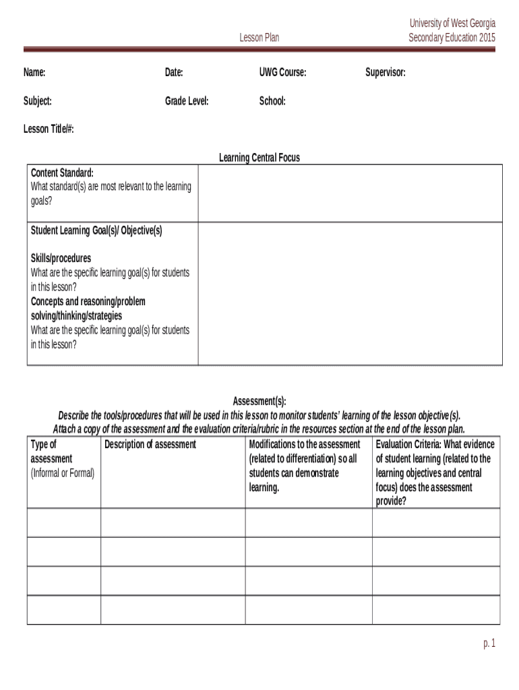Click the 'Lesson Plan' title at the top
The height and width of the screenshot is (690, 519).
(259, 38)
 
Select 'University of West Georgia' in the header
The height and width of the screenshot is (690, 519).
(452, 23)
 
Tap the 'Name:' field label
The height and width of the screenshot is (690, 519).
(34, 73)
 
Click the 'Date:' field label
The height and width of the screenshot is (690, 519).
(174, 73)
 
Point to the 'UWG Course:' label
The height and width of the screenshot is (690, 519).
(282, 73)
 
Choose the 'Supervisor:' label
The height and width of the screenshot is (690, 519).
(386, 73)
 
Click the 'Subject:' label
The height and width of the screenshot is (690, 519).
(38, 101)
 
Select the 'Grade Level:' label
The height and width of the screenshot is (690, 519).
(187, 101)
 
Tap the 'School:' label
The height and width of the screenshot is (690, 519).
(272, 101)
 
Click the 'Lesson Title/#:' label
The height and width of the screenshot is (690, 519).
(49, 129)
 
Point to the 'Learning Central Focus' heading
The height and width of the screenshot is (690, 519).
(259, 158)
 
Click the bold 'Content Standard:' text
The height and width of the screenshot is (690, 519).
(62, 173)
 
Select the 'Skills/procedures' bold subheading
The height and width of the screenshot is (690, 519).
(61, 259)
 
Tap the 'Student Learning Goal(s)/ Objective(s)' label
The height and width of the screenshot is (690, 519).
(96, 230)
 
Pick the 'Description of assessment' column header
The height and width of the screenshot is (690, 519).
(150, 445)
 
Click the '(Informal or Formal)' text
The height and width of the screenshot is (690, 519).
(63, 473)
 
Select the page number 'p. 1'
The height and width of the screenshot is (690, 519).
(489, 644)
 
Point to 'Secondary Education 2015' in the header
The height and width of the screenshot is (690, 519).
(452, 38)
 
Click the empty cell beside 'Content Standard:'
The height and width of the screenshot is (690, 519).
(350, 193)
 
